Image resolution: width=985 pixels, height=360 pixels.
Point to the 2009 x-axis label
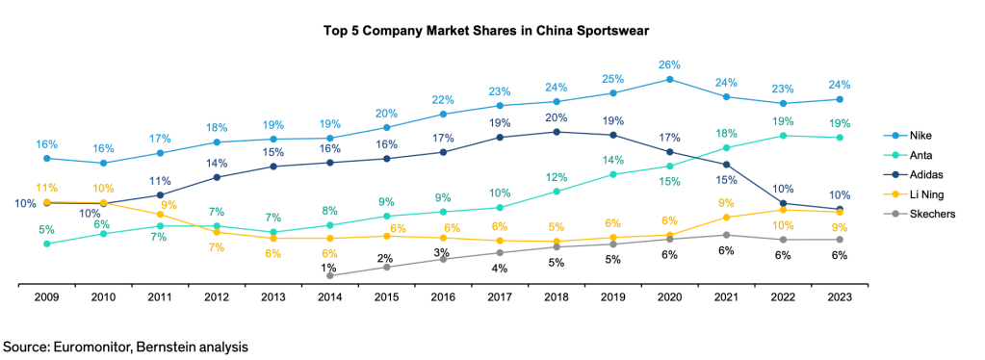(x=45, y=298)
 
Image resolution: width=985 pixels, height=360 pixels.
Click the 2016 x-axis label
(x=444, y=298)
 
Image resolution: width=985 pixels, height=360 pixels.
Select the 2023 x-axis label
(x=840, y=298)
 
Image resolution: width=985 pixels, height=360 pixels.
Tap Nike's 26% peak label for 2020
(x=670, y=64)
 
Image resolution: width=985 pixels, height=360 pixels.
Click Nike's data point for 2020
(x=670, y=79)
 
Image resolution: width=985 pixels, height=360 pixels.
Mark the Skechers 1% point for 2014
(x=330, y=275)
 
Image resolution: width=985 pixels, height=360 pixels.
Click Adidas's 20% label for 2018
(x=557, y=117)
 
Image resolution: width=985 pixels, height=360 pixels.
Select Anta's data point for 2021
(x=727, y=148)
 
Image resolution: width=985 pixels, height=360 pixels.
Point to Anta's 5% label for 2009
(x=45, y=230)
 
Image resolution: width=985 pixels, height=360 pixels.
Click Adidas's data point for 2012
(x=217, y=177)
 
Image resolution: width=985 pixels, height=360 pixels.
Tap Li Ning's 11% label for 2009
(x=45, y=188)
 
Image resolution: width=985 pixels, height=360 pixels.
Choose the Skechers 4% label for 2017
(x=500, y=268)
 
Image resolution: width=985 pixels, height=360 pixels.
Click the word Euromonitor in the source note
(x=89, y=345)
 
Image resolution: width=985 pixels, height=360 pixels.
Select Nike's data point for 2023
(x=840, y=99)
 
